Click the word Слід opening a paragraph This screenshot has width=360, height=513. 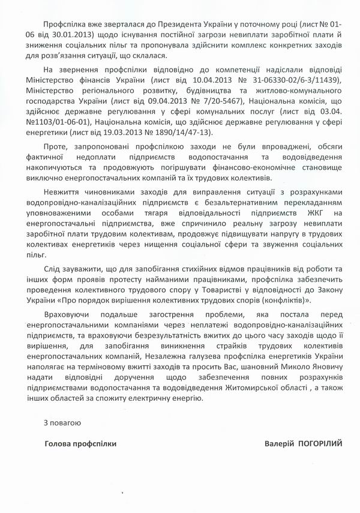(53, 269)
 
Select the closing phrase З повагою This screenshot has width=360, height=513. (62, 423)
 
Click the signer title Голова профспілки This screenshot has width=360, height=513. (81, 445)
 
